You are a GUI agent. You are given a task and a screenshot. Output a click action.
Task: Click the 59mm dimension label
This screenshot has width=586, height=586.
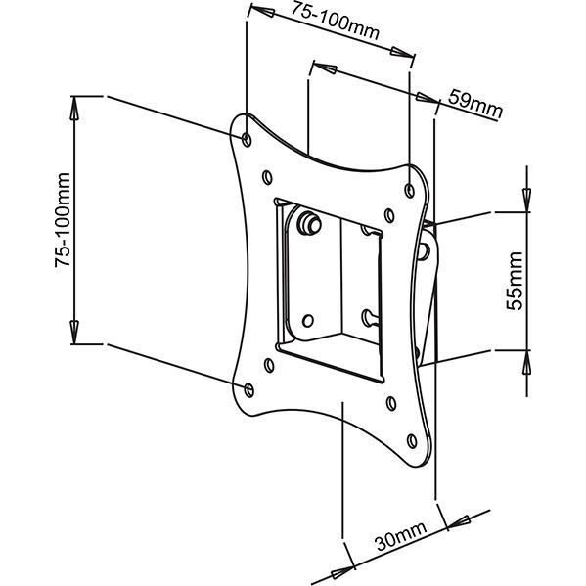pos(475,104)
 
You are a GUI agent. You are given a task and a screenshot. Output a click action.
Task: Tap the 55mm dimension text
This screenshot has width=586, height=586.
pos(515,281)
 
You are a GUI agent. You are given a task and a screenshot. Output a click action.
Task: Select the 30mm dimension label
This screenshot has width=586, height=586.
pos(401,535)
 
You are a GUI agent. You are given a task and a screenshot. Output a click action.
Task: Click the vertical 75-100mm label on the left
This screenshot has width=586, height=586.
pos(63,220)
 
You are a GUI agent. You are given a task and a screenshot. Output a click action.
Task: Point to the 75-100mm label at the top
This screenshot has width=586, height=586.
pos(335,21)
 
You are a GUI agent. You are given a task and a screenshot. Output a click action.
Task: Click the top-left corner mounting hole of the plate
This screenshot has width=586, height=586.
pos(247,140)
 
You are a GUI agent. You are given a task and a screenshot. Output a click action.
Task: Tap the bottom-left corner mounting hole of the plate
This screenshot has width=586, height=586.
pos(248,390)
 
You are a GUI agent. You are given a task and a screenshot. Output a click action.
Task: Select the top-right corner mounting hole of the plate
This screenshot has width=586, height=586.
pos(410,190)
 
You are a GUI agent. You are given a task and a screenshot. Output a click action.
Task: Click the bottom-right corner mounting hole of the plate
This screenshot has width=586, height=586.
pos(412,441)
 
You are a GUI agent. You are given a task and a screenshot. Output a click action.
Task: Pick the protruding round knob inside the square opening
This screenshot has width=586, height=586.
pos(309,223)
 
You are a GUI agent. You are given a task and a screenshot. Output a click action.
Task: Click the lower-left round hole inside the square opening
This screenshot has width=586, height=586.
pos(307,320)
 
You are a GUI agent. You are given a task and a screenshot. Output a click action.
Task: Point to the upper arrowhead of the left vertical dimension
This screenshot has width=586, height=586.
pos(74,109)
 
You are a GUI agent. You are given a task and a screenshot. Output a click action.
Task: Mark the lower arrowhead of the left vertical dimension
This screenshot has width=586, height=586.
pos(74,332)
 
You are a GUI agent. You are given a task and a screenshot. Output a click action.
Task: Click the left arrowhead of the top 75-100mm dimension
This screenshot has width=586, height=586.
pos(261,11)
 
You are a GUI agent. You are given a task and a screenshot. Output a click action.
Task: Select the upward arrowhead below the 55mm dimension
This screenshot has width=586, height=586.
pos(527,362)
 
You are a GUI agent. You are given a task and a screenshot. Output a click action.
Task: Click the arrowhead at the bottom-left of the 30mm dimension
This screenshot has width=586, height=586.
pos(342,571)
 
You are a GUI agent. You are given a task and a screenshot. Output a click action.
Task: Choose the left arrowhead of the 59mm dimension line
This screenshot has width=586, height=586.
pos(326,68)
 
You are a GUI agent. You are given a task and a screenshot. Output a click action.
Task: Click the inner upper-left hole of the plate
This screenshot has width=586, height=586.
pos(267,177)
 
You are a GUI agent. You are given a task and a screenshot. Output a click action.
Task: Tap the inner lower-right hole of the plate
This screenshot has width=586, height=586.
pos(391,403)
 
